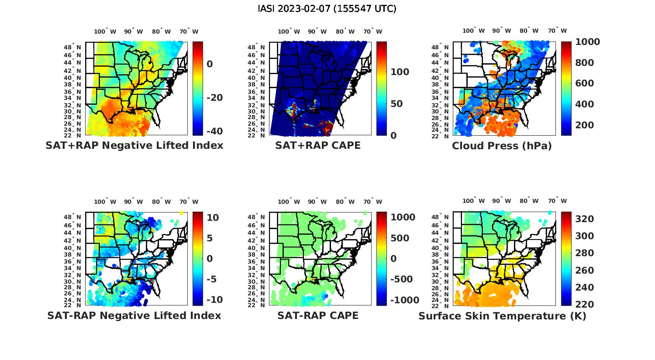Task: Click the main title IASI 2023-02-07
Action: coord(327,9)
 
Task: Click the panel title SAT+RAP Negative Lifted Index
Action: coord(134,146)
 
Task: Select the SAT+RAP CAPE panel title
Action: coord(318,146)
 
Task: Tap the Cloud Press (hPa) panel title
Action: coord(502,146)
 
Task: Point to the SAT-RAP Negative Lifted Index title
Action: coord(134,315)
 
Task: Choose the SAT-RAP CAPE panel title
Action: coord(318,315)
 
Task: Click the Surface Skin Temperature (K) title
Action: coord(502,316)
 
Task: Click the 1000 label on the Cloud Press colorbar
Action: coord(587,42)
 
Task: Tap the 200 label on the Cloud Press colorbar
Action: coord(585,125)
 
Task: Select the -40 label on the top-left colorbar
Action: coord(214,131)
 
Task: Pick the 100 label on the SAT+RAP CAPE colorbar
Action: coord(400,72)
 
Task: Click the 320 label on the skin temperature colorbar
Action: coord(585,219)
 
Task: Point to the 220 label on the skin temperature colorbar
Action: coord(585,305)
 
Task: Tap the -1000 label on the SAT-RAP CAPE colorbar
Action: coord(404,300)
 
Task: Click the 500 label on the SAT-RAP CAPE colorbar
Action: coord(400,238)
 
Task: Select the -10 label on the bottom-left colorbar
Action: coord(214,300)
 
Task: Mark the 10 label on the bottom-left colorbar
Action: coord(213,218)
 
